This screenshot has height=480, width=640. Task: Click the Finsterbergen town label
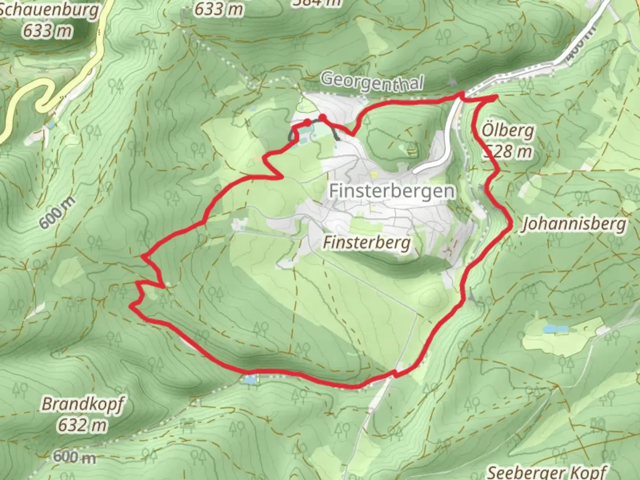tap(392, 191)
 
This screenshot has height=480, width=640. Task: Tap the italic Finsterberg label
tap(366, 243)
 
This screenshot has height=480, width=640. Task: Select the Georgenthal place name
tap(371, 82)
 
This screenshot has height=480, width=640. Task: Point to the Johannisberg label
tap(574, 224)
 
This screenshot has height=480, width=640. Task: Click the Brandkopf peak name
tap(83, 404)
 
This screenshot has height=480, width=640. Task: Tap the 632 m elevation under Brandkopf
tap(83, 425)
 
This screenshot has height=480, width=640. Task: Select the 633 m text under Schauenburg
tap(48, 31)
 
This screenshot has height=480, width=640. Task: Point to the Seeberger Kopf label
tap(547, 471)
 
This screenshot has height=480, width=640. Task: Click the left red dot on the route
tap(307, 122)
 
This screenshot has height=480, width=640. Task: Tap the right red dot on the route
tap(323, 117)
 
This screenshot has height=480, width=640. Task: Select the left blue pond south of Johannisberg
tap(550, 329)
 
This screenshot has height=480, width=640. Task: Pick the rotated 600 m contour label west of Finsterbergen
tap(56, 213)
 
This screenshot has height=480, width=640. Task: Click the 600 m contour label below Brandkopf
tap(74, 456)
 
